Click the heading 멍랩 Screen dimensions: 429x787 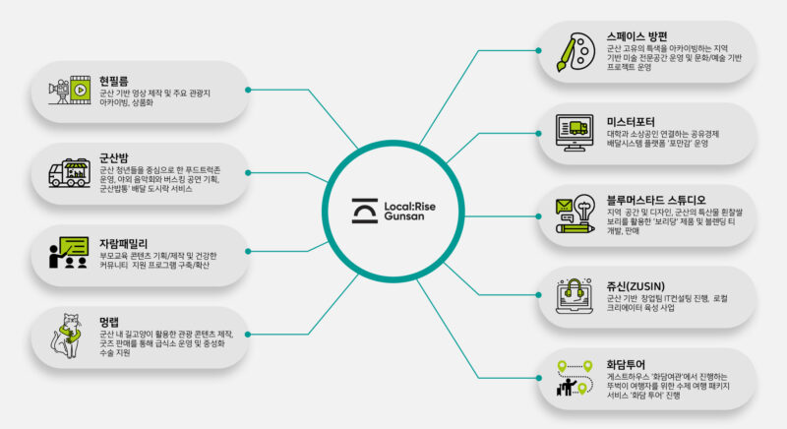109,321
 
